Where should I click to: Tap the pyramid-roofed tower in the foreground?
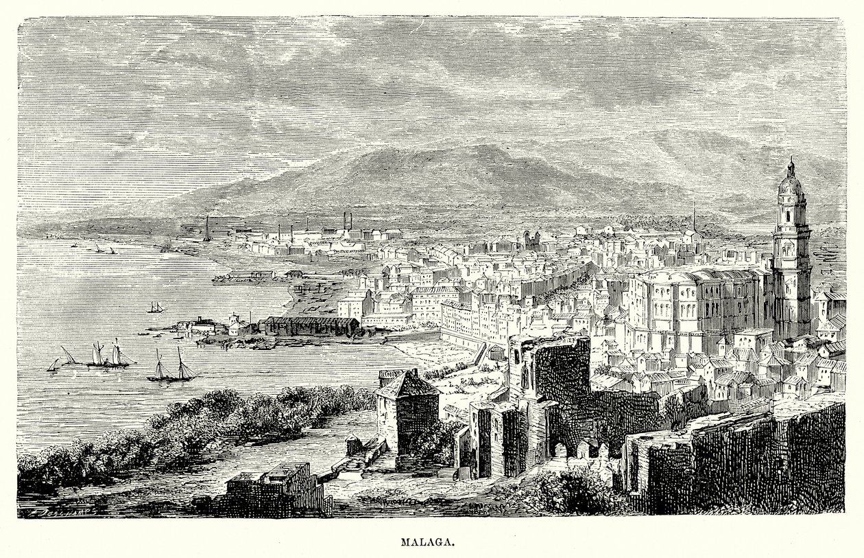point(407,408)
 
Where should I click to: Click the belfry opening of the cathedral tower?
point(790,214)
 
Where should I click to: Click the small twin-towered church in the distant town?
point(531,240)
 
